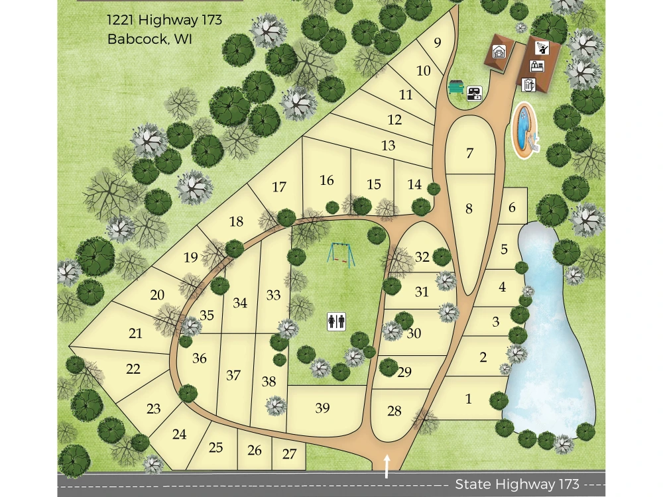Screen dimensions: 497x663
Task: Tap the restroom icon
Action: tap(337, 321)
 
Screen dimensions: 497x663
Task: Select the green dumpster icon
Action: tap(456, 87)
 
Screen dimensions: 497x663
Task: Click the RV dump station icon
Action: tap(474, 93)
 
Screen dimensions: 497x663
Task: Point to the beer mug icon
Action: tap(528, 84)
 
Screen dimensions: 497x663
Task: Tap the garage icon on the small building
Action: tap(499, 52)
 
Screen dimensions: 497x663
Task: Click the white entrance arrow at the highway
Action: tap(387, 466)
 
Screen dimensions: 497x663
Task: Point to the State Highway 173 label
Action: tap(517, 484)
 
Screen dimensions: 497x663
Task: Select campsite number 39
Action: tap(322, 408)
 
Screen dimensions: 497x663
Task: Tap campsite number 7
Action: tap(470, 153)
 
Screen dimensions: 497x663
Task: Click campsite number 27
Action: tap(289, 455)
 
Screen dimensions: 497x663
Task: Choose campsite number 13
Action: tap(389, 144)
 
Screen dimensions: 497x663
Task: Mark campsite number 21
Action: tap(135, 333)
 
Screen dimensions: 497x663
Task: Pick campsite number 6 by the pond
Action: tap(512, 207)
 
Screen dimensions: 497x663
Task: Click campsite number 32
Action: tap(422, 257)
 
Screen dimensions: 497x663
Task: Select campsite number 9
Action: tap(438, 43)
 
